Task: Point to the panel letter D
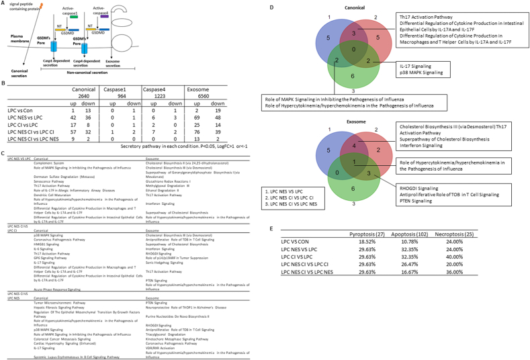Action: click(x=271, y=5)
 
